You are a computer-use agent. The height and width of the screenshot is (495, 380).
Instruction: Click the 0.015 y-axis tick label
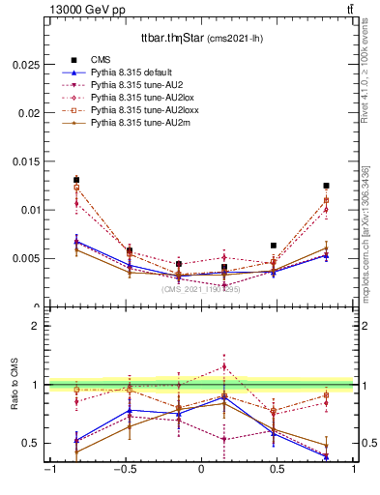[x=25, y=160]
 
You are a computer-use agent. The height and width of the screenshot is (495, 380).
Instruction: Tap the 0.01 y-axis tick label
[x=29, y=210]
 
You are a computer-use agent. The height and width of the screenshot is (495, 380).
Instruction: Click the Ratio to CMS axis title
[x=15, y=384]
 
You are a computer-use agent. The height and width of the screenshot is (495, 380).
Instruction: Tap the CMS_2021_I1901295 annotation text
[x=200, y=289]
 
